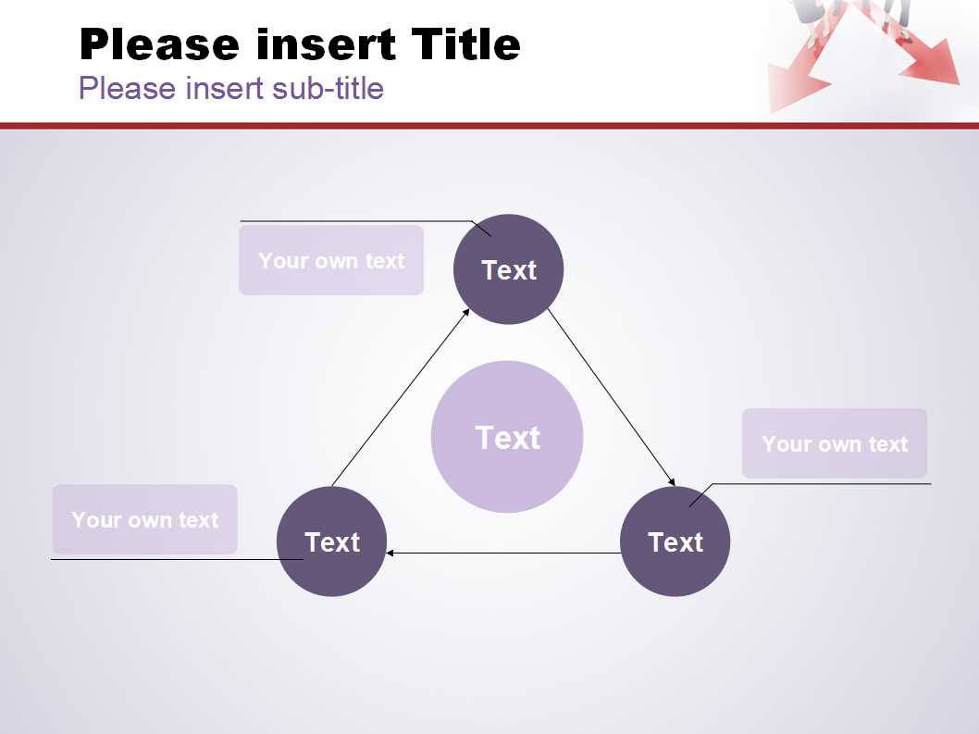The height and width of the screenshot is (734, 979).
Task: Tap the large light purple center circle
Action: pos(507,437)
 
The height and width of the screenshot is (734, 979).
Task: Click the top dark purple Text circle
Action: pos(508,269)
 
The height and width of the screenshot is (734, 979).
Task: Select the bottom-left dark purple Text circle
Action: pos(331,541)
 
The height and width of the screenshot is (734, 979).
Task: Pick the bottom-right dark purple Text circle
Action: pos(675,541)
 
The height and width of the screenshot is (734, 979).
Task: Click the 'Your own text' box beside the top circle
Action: pos(331,260)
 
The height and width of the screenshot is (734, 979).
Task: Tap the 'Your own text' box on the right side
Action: pos(835,443)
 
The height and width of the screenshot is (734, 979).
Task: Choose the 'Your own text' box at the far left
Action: pos(145,520)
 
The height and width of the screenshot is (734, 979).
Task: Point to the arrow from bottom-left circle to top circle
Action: pos(401,397)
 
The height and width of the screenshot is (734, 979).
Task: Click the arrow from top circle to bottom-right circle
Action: pos(612,397)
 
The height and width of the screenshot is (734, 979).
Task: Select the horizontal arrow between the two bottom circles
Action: pos(503,553)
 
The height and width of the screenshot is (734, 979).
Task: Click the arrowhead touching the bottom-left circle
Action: pos(390,553)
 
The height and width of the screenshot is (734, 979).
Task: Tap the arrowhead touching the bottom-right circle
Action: pos(672,481)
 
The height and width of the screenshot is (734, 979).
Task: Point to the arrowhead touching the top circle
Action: pos(465,312)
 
